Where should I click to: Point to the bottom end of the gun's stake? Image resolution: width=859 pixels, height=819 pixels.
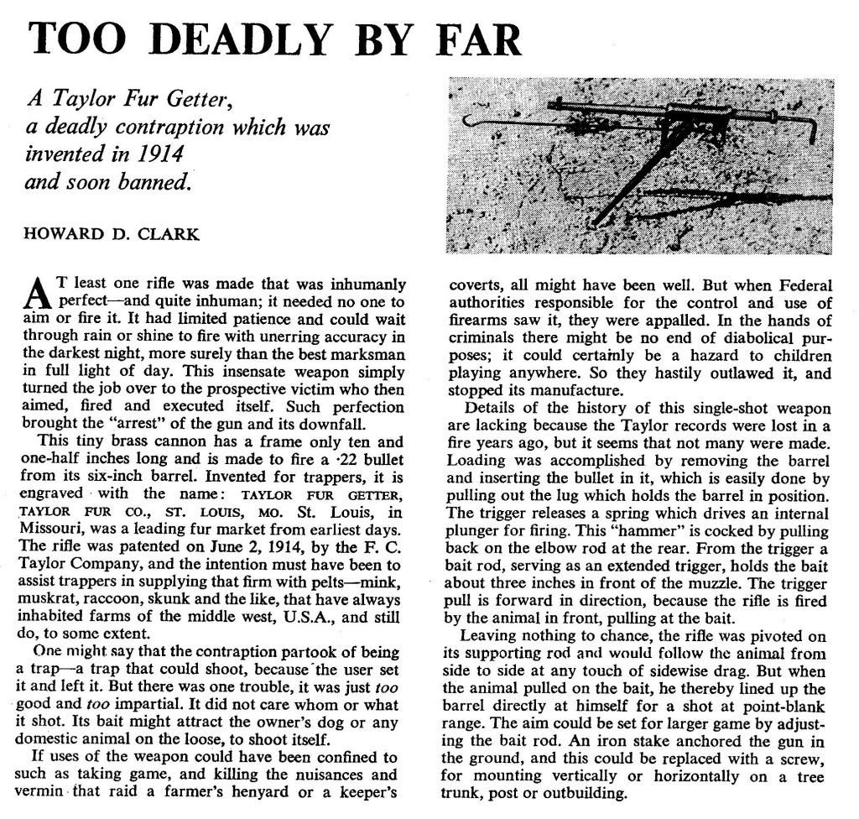(595, 225)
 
